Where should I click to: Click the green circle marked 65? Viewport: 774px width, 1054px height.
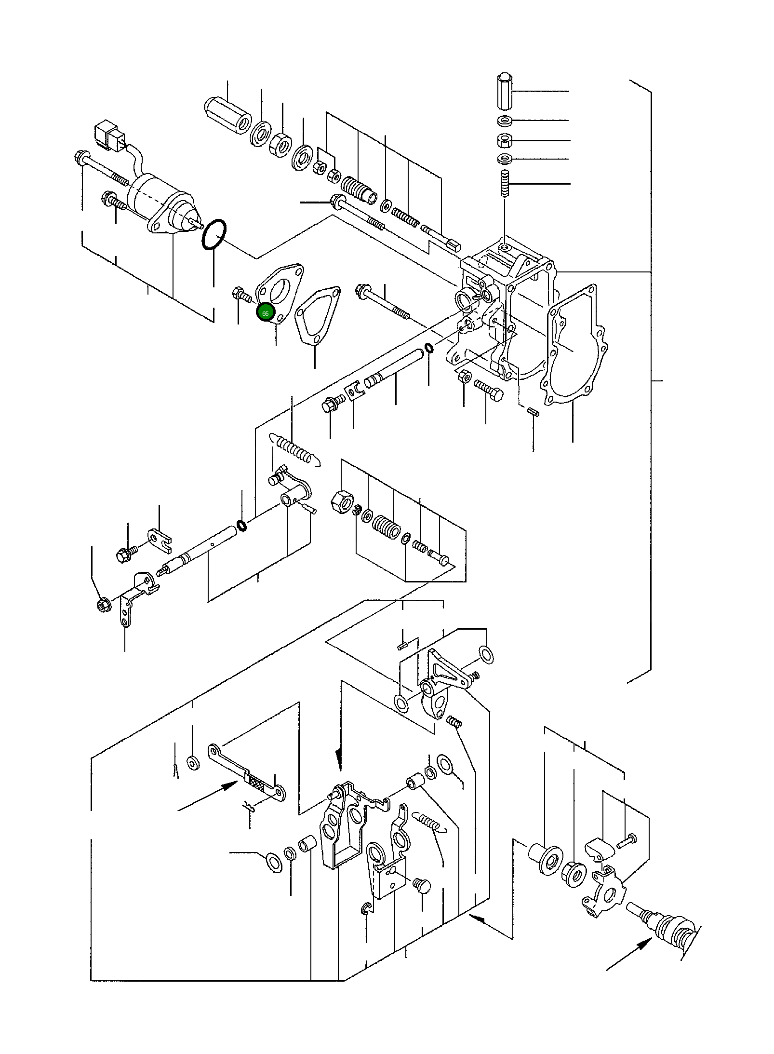(x=265, y=313)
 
